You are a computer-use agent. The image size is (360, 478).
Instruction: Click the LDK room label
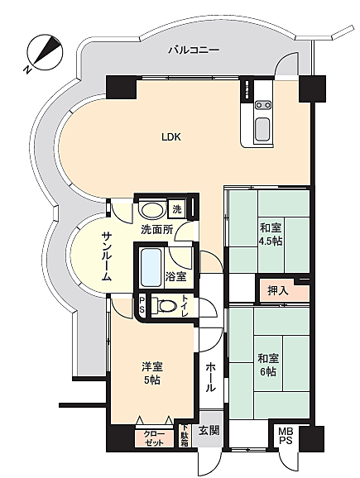171,137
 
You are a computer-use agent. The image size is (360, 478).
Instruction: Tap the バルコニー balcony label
194,50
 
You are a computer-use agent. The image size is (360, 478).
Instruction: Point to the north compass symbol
45,52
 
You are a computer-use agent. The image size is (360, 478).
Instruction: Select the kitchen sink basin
262,127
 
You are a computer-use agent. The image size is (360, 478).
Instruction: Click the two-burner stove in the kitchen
263,105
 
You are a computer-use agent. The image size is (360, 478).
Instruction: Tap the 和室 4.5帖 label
271,234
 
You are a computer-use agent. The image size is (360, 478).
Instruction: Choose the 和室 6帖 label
267,365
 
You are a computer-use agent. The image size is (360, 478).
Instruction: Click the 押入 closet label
278,290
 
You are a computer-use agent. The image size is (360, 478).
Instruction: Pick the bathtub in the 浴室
151,267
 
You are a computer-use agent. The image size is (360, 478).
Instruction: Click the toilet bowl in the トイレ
165,306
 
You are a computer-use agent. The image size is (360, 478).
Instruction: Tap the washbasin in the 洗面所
151,210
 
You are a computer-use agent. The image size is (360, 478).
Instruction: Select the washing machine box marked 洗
177,209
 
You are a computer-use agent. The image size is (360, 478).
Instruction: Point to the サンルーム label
106,256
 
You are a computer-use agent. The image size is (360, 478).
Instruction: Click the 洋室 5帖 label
152,373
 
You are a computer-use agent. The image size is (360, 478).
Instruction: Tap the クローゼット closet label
154,438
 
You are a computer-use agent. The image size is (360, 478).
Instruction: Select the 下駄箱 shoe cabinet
185,436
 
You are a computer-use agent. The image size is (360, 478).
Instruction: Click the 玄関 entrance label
209,431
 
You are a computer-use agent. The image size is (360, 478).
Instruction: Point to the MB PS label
286,436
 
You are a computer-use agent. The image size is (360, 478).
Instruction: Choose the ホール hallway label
210,378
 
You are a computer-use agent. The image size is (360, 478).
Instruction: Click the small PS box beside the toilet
142,305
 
